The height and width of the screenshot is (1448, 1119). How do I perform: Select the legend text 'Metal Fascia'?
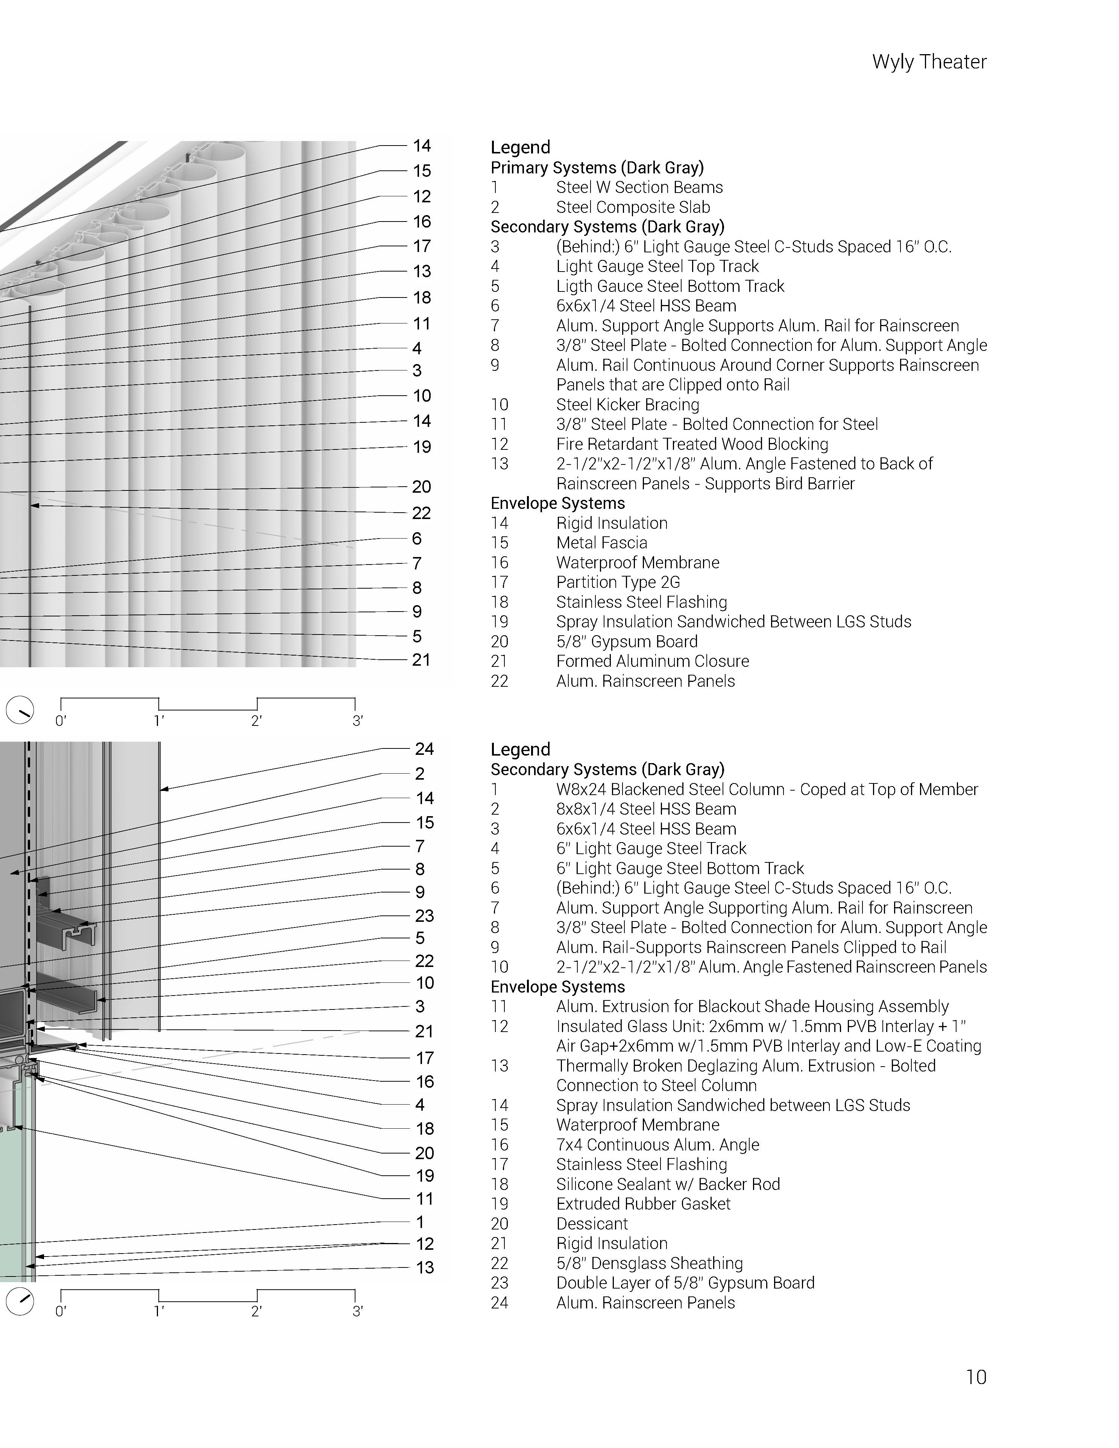point(601,543)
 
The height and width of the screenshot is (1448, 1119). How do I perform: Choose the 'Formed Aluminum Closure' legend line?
point(652,661)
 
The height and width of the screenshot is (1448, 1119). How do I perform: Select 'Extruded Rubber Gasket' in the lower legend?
point(643,1204)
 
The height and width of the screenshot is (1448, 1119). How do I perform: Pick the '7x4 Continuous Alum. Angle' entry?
point(657,1144)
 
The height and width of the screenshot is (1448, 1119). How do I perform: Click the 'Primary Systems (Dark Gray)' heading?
point(597,168)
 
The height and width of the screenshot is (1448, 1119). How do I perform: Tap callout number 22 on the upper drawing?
point(422,513)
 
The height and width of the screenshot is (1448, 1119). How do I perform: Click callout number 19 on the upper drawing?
point(422,447)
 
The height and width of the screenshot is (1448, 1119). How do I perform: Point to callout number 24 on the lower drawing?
point(424,749)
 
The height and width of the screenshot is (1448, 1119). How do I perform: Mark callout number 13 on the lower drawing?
point(424,1268)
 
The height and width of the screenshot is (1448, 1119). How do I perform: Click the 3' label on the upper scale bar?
point(357,721)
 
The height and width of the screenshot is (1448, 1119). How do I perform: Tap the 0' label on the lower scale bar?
point(60,1311)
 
